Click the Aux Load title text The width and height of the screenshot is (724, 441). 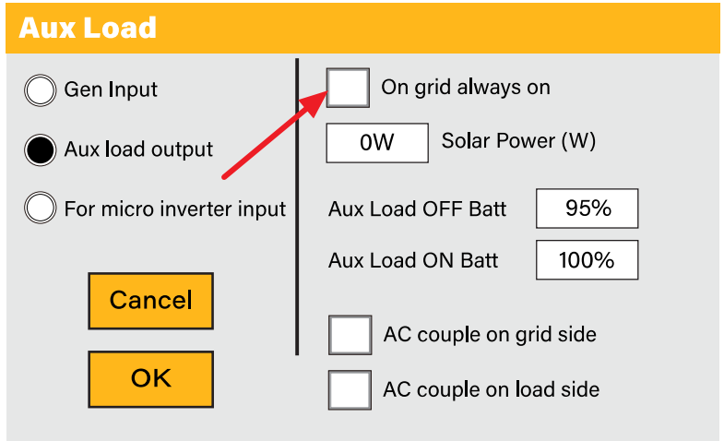pos(88,27)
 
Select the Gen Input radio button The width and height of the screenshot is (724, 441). pos(41,90)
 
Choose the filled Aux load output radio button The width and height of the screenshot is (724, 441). pos(41,149)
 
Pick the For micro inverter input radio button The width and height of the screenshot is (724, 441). pos(41,209)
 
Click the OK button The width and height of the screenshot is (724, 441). pos(150,378)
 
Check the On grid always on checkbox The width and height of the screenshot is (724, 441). pos(349,89)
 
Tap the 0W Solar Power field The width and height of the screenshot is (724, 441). pos(377,143)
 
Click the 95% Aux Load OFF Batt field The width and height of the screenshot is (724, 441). pos(588,209)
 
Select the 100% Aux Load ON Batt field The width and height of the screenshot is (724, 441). pos(588,260)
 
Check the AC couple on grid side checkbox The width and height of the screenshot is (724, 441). pos(350,334)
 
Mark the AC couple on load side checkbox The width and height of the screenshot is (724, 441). pos(350,389)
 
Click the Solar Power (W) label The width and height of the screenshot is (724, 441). pos(518,141)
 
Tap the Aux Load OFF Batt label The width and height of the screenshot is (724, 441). pos(417,209)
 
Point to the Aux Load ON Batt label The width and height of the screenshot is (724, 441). pos(413,260)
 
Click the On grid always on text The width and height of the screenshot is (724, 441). pos(466,88)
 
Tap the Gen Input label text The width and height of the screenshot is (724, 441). pos(111,89)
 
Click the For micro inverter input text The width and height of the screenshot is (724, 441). pos(175,209)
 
